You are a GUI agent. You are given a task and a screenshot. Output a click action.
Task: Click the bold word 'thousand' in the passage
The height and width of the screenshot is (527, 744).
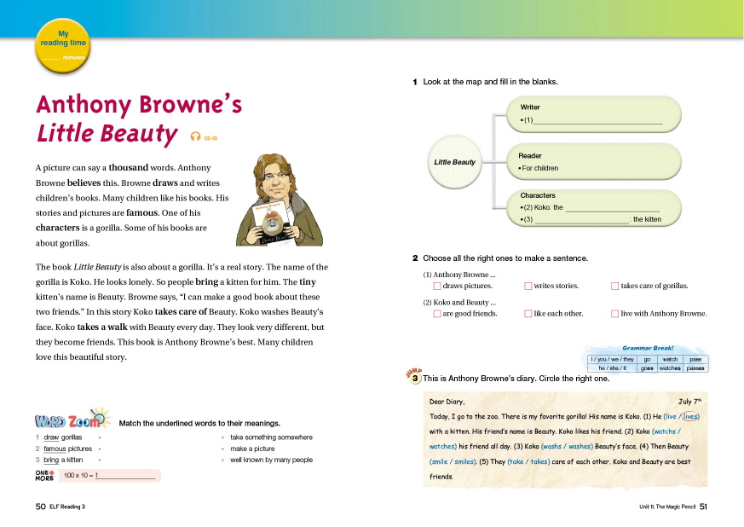click(129, 168)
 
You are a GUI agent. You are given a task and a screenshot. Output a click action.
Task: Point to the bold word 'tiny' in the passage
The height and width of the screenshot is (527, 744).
click(308, 281)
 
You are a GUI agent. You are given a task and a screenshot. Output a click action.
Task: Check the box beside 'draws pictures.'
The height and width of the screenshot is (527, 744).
click(437, 287)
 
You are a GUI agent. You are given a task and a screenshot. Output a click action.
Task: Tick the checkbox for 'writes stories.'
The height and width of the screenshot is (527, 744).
click(528, 287)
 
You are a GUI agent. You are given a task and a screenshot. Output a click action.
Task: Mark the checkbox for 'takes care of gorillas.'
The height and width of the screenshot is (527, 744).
click(614, 287)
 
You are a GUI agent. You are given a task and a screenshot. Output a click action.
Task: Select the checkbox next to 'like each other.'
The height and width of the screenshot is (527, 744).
click(528, 314)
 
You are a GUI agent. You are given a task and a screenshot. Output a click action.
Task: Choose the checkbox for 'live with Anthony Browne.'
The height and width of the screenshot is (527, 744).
click(614, 314)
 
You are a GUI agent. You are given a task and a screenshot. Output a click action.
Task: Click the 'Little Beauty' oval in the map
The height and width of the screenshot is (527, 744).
click(455, 162)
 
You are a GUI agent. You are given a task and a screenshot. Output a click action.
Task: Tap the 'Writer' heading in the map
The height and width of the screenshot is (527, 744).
click(530, 107)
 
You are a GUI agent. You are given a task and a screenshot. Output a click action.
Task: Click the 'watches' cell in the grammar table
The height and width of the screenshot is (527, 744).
click(670, 368)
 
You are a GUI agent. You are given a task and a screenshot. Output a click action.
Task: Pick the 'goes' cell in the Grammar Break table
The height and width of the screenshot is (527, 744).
click(647, 368)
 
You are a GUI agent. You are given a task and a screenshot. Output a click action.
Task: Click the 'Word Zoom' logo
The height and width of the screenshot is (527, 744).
click(72, 420)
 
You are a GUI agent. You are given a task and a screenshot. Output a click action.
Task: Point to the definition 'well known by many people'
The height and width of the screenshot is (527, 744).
click(271, 460)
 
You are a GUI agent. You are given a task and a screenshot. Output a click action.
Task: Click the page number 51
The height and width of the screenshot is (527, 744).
click(704, 507)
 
